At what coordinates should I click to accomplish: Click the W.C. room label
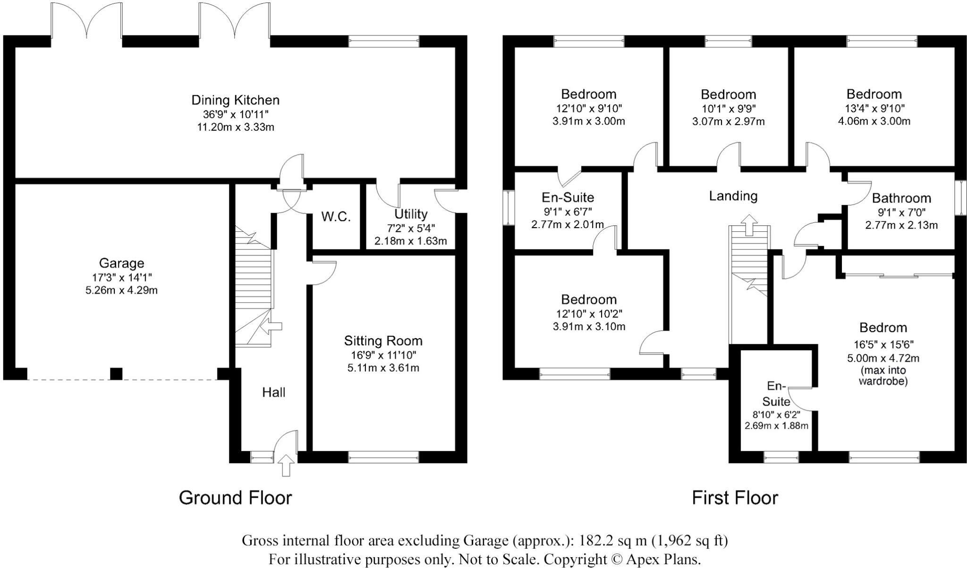pyautogui.click(x=336, y=217)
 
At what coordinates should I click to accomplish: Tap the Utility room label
pyautogui.click(x=411, y=214)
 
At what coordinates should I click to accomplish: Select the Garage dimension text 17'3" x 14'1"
pyautogui.click(x=122, y=277)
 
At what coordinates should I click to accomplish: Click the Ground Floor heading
pyautogui.click(x=235, y=498)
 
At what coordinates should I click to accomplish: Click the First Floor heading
pyautogui.click(x=735, y=498)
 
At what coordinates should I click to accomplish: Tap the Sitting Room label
pyautogui.click(x=383, y=340)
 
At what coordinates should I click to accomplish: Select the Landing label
pyautogui.click(x=733, y=195)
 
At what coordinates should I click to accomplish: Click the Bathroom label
pyautogui.click(x=901, y=198)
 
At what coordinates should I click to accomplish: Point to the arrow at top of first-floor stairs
pyautogui.click(x=749, y=224)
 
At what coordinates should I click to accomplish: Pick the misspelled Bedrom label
pyautogui.click(x=882, y=327)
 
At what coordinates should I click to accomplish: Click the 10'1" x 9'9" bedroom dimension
pyautogui.click(x=728, y=108)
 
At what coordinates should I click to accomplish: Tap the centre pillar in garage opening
pyautogui.click(x=116, y=374)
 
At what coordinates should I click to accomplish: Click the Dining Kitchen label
pyautogui.click(x=235, y=100)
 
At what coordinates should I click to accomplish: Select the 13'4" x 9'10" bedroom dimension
pyautogui.click(x=874, y=108)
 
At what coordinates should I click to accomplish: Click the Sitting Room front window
pyautogui.click(x=383, y=456)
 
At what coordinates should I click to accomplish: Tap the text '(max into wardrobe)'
pyautogui.click(x=882, y=376)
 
